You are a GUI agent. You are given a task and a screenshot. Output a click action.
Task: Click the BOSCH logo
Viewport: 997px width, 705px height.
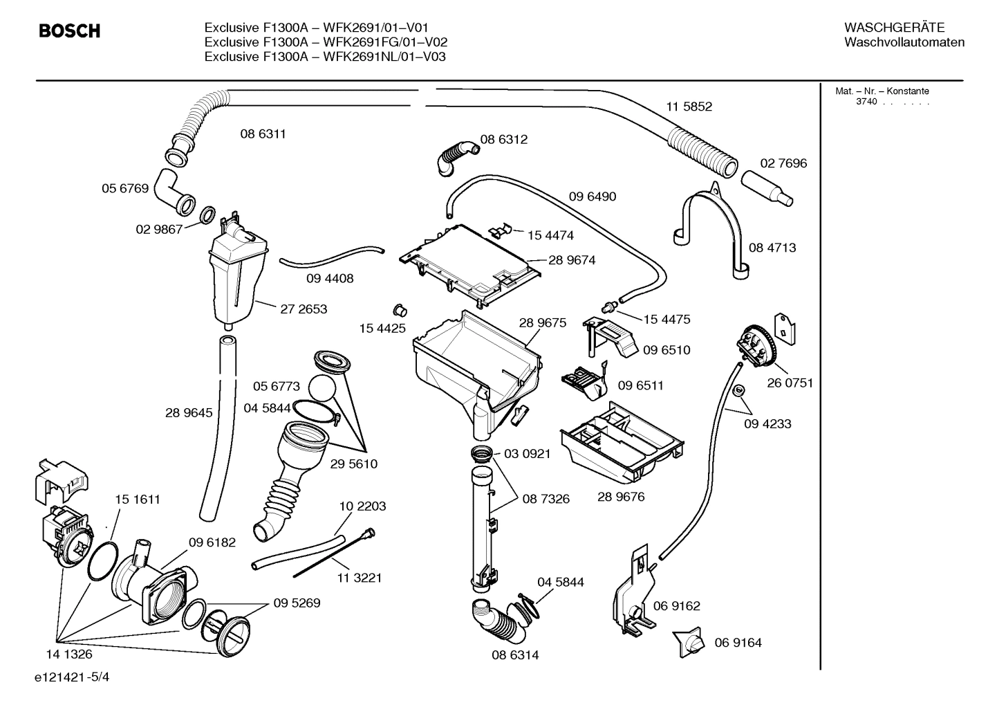tap(69, 31)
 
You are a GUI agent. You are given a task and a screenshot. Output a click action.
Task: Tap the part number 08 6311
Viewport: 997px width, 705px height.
tap(263, 134)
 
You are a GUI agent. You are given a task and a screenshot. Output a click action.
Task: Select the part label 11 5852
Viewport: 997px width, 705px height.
tap(689, 107)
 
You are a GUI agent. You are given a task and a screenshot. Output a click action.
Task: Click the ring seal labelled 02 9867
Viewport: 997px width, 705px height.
tap(207, 217)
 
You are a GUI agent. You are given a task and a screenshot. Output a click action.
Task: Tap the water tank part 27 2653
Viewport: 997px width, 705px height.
tap(236, 277)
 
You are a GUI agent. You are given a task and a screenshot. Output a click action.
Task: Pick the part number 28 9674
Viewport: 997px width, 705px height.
tap(572, 261)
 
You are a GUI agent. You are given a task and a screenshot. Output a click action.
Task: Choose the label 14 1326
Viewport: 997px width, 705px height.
tap(69, 654)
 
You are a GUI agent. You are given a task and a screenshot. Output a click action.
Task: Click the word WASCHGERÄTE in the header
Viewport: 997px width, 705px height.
tap(893, 28)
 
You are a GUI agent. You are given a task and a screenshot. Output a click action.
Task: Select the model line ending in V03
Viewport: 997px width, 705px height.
tap(324, 57)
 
